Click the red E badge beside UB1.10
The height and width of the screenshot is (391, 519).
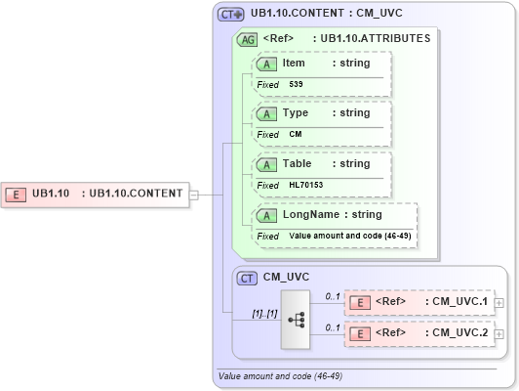pos(16,194)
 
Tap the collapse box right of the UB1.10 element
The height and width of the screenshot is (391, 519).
pos(193,194)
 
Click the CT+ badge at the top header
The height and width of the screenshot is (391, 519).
pos(230,15)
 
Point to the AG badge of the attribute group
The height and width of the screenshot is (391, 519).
pos(247,39)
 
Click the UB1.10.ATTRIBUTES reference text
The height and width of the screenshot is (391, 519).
pos(376,39)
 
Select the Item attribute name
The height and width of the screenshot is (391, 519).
pos(294,63)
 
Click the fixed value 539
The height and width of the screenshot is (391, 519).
pos(296,84)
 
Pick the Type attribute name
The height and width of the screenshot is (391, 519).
pos(296,113)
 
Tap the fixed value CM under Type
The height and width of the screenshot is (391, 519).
pos(295,134)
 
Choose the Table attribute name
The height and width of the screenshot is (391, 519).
pos(298,164)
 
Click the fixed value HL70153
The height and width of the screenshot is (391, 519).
pos(306,185)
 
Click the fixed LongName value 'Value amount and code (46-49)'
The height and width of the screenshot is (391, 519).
pos(349,236)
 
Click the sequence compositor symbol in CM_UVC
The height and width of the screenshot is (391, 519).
pos(294,319)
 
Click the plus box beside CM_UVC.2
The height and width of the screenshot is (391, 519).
pos(499,334)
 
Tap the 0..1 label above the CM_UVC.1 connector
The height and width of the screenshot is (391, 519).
pos(332,294)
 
